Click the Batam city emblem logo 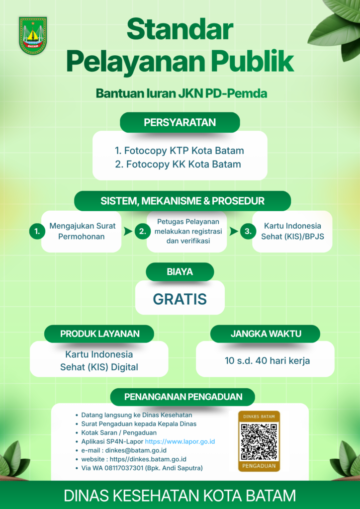tap(33, 35)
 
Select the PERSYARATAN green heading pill tap(180, 122)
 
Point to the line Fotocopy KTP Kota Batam tap(179, 151)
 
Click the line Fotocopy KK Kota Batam tap(178, 164)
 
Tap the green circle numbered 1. tap(37, 232)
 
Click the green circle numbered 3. tap(248, 232)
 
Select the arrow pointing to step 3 tap(234, 232)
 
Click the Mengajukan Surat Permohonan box tap(82, 232)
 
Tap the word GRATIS tap(180, 299)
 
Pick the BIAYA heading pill tap(180, 272)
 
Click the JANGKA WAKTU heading tap(266, 334)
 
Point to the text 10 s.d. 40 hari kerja tap(267, 361)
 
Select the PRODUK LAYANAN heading tap(99, 334)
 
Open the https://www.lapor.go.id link tap(180, 441)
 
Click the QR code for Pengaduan tap(259, 441)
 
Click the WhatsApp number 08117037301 tap(121, 468)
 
